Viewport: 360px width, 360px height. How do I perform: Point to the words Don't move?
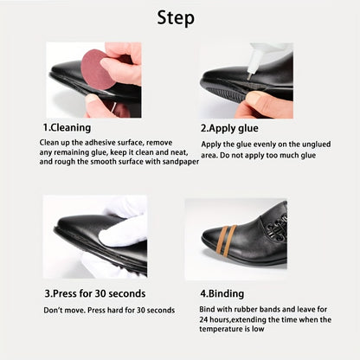63,309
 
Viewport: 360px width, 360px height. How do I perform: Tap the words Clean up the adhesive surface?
87,142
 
